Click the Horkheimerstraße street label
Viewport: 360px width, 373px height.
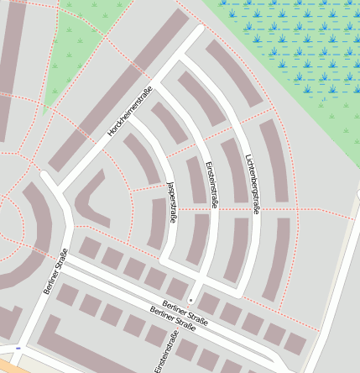click(129, 113)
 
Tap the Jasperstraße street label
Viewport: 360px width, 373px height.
click(172, 202)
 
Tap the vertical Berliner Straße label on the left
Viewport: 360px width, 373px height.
click(55, 271)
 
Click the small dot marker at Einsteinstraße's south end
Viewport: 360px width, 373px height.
click(190, 300)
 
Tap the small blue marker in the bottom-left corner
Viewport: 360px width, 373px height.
click(18, 347)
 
